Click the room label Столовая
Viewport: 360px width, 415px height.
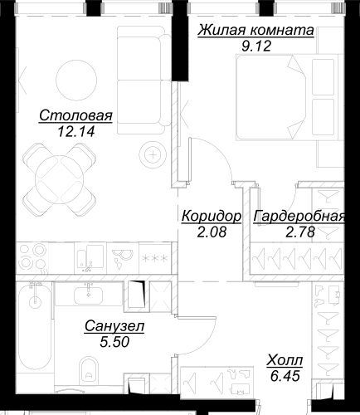point(75,115)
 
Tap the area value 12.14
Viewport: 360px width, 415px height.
point(76,131)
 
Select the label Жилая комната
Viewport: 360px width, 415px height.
point(255,31)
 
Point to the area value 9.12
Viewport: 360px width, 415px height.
point(256,46)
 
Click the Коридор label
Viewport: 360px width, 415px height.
point(212,217)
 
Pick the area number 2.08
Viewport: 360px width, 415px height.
point(212,232)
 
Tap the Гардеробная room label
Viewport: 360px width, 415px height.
point(299,217)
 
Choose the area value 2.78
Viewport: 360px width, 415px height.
point(300,232)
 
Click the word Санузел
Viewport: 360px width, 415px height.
point(114,326)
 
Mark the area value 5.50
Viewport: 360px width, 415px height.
point(114,342)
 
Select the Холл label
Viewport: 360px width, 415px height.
point(285,360)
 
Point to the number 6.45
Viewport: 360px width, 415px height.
point(285,376)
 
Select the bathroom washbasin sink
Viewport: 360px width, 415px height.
point(88,295)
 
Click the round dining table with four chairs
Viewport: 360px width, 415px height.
point(60,179)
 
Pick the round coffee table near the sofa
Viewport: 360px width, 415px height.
point(76,80)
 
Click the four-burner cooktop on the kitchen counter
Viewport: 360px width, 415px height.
point(32,258)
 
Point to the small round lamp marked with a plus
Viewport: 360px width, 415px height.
point(153,154)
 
